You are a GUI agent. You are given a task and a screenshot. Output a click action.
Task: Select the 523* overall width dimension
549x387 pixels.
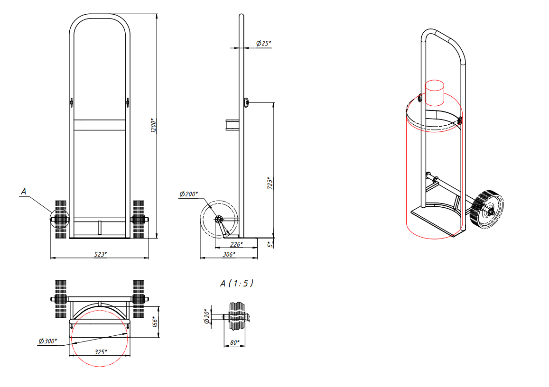point(101,254)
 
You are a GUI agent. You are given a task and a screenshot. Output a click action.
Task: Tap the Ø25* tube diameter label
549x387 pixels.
point(264,43)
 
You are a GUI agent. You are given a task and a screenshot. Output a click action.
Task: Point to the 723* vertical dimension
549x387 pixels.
point(270,183)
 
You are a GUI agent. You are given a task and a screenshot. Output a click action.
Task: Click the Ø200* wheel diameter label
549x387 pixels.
point(189,194)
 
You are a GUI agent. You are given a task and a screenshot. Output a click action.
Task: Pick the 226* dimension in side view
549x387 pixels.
point(236,244)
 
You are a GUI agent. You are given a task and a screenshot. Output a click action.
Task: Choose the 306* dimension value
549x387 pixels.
point(229,254)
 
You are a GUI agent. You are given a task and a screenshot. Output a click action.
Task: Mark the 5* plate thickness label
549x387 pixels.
point(270,244)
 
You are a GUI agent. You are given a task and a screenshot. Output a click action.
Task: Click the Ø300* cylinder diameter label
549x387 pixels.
point(47,341)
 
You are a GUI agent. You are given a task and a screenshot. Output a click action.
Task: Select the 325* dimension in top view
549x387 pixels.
point(101,351)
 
